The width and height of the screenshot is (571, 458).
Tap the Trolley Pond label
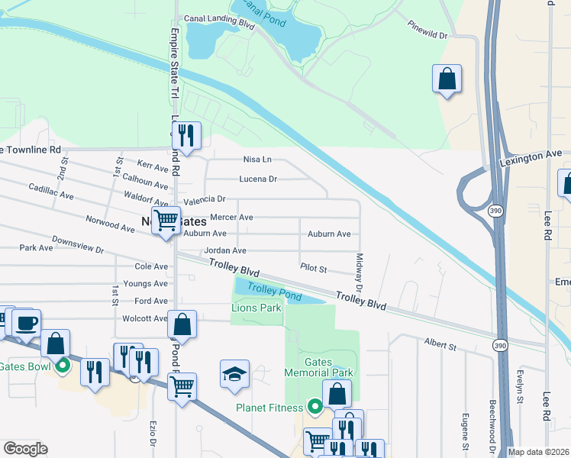(x=274, y=292)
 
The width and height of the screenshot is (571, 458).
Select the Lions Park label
(x=256, y=308)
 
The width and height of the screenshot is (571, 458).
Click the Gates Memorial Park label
(x=318, y=366)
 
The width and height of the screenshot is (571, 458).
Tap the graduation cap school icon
(x=234, y=374)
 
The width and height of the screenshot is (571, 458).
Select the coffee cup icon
(x=26, y=323)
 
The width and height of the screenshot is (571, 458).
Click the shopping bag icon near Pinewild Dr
(x=447, y=79)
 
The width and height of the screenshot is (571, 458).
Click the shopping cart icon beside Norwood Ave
(x=166, y=221)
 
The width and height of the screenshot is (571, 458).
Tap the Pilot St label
(x=313, y=269)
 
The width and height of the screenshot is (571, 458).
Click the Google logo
(x=25, y=449)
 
